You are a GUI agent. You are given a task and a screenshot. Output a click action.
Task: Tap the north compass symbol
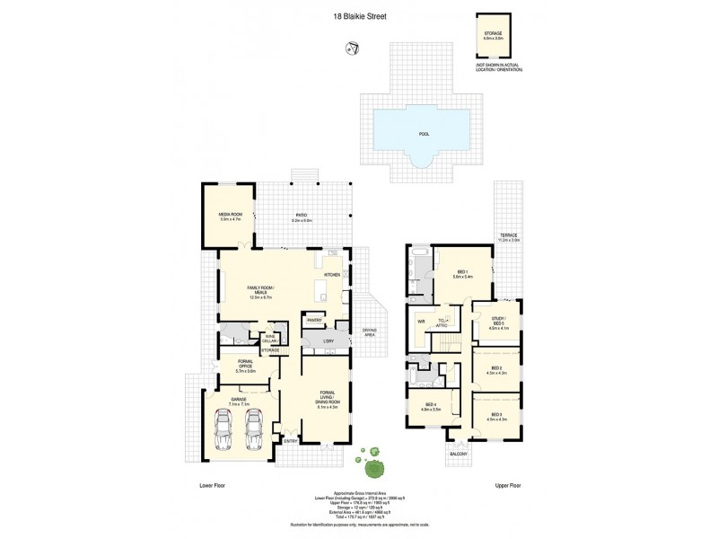point(353,46)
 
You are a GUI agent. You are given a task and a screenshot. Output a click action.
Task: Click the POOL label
point(424,134)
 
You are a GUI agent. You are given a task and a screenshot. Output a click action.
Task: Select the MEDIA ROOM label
point(231,216)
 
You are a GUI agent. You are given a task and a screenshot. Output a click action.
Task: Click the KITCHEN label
point(331,275)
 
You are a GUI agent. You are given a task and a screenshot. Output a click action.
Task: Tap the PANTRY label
point(315,320)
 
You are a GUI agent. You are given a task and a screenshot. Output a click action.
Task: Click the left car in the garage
point(226,429)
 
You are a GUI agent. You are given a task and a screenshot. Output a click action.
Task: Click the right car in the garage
point(255,429)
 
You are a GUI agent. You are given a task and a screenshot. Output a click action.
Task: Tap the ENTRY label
point(290,441)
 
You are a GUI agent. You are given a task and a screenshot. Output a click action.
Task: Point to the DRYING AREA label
point(369,332)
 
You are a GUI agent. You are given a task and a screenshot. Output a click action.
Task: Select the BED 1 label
point(463,272)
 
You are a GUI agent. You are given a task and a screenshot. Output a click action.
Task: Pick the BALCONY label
point(458,455)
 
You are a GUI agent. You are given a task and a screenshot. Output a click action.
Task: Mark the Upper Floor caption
point(508,485)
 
